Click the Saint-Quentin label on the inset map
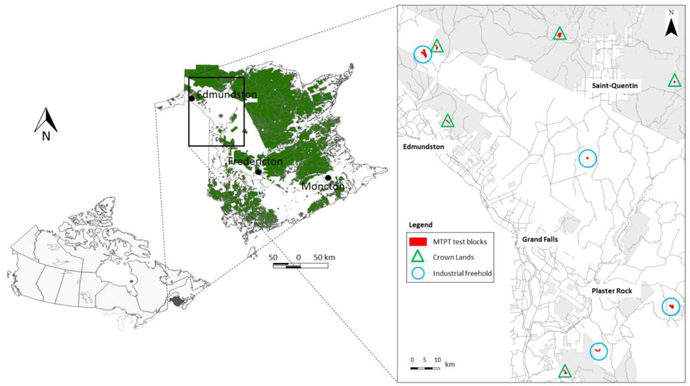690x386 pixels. click(614, 86)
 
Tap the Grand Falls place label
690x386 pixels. click(540, 239)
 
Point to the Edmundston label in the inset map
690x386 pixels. click(423, 147)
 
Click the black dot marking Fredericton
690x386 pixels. click(258, 172)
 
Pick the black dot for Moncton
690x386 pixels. click(328, 178)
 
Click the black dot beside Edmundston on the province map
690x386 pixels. click(192, 98)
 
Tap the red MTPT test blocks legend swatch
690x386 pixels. click(418, 242)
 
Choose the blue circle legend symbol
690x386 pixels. click(418, 273)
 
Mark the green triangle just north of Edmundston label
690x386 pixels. click(447, 121)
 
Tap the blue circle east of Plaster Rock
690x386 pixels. click(671, 307)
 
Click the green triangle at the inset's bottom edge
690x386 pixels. click(565, 372)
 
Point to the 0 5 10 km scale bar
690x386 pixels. click(425, 368)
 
